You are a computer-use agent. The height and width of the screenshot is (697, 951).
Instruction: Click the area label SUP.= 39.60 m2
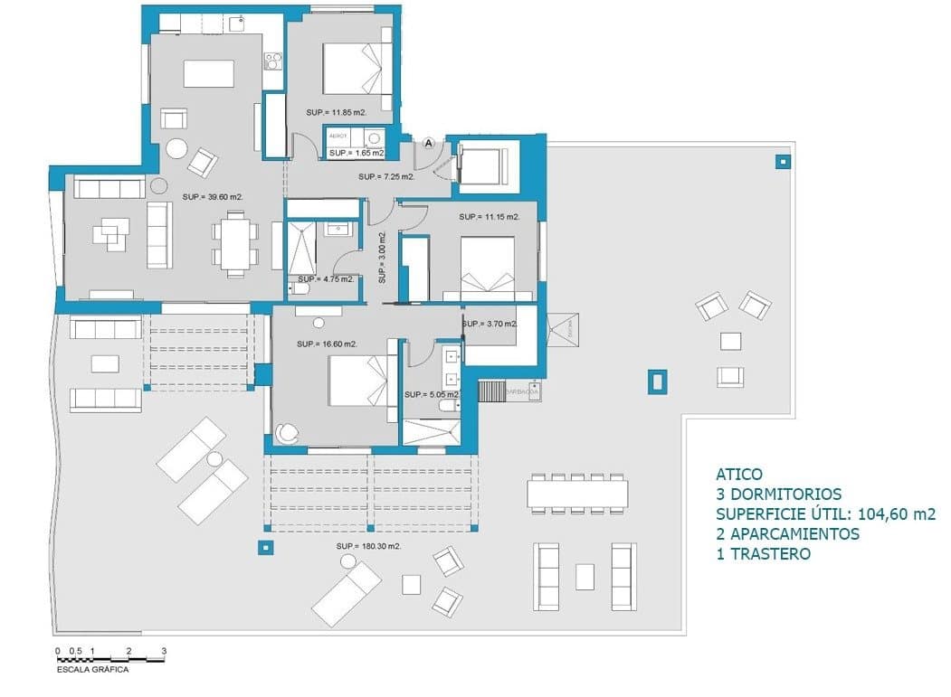pyautogui.click(x=212, y=196)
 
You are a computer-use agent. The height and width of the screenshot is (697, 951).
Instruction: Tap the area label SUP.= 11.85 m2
pyautogui.click(x=336, y=112)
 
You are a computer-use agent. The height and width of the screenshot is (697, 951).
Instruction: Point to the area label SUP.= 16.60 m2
pyautogui.click(x=327, y=344)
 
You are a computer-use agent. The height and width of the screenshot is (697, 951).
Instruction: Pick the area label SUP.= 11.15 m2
pyautogui.click(x=489, y=217)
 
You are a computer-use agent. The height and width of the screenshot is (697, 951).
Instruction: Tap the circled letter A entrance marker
pyautogui.click(x=430, y=143)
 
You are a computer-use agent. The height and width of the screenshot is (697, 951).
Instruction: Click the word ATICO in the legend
pyautogui.click(x=739, y=475)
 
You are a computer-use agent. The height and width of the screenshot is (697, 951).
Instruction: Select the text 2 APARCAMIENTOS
pyautogui.click(x=787, y=534)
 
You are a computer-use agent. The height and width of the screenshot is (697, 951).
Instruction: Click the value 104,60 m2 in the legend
pyautogui.click(x=890, y=514)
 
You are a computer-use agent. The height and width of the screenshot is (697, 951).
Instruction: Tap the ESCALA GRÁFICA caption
pyautogui.click(x=92, y=670)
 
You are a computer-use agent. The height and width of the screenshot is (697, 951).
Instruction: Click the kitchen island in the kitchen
pyautogui.click(x=208, y=72)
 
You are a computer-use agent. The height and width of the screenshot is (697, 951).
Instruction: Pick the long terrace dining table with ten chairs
pyautogui.click(x=577, y=493)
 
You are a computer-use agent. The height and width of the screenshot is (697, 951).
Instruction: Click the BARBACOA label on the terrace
pyautogui.click(x=523, y=392)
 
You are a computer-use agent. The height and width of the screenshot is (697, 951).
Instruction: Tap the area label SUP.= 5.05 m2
pyautogui.click(x=432, y=395)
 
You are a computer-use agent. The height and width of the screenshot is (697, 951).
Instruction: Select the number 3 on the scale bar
pyautogui.click(x=164, y=651)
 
